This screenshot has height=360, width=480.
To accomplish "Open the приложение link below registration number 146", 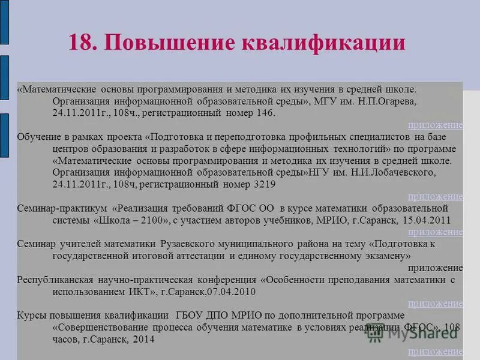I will click(435, 125).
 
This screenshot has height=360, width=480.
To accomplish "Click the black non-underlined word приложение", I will click(435, 268).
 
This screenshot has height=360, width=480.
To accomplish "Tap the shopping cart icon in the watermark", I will click(376, 333).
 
